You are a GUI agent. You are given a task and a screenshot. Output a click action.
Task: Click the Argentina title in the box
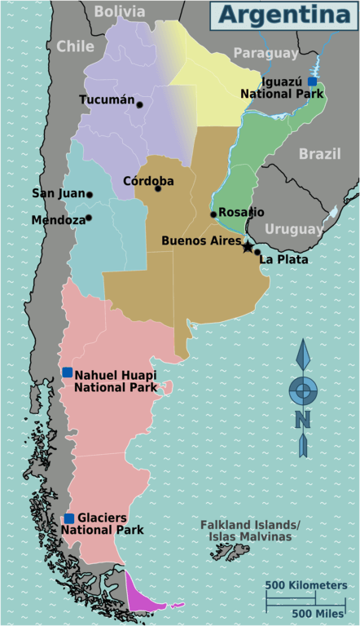pos(284,15)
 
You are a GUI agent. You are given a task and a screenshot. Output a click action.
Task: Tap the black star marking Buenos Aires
pos(248,245)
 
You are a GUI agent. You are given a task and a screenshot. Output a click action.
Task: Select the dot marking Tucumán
pos(140,104)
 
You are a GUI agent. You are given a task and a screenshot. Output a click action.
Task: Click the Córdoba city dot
pos(158,188)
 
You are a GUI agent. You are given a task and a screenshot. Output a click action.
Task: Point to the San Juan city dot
pos(90,195)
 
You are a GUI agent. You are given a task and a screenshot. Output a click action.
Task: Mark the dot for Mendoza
pos(89,218)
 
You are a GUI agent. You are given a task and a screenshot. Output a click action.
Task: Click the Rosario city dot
pos(213,214)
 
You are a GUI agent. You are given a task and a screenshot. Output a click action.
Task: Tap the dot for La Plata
pos(257,252)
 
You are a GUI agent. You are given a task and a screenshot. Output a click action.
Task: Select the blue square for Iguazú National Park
pos(312,82)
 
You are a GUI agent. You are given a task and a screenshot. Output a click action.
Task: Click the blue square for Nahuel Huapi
pos(68,372)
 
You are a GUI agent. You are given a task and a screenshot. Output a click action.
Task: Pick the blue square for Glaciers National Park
pos(69,518)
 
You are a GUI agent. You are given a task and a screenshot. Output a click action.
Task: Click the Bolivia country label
pos(119,11)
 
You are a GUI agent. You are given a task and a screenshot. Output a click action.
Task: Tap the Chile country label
pos(75,46)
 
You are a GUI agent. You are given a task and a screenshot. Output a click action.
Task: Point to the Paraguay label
pos(266,53)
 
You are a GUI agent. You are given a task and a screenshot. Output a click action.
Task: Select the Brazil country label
pos(319,154)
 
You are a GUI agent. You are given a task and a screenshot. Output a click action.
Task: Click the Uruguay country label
pos(294,229)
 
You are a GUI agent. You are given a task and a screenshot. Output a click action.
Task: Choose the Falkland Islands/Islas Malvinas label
pos(250,531)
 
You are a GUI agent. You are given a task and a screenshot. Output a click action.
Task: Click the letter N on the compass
pos(302,419)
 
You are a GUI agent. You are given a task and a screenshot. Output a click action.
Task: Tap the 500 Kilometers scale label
pos(306,586)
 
